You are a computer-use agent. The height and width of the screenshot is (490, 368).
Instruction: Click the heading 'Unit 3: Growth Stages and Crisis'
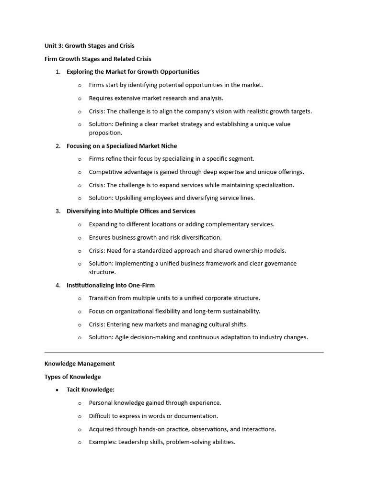89,46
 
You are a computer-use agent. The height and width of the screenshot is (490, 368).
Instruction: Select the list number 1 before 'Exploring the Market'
57,72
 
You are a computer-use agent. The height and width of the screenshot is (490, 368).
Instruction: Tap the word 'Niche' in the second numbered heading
168,146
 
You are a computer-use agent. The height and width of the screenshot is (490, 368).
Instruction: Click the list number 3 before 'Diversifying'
57,211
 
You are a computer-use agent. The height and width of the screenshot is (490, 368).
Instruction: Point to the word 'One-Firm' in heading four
141,285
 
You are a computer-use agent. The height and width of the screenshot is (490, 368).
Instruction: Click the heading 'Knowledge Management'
80,364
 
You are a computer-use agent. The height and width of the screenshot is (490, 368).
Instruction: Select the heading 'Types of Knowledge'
72,377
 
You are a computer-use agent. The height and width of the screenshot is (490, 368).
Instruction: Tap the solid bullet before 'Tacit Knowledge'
57,390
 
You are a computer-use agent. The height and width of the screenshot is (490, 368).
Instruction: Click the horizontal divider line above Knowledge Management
184,353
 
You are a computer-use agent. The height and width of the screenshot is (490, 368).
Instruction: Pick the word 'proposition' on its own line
105,133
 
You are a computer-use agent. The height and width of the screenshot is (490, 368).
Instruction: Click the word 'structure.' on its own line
102,272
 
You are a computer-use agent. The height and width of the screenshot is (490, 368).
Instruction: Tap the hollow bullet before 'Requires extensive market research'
80,99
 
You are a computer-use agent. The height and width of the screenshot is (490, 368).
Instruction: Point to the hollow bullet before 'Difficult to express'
80,416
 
